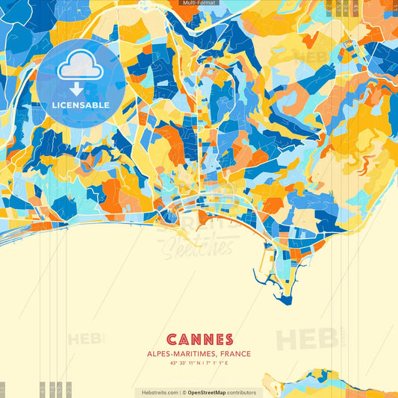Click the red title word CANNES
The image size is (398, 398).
click(x=199, y=340)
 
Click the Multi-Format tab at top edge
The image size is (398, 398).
click(x=199, y=3)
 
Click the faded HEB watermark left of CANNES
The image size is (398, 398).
click(x=86, y=339)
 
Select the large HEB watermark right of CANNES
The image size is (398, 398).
click(x=306, y=339)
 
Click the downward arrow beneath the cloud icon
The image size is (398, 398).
click(x=75, y=87)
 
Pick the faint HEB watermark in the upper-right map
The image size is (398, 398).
click(x=306, y=57)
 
